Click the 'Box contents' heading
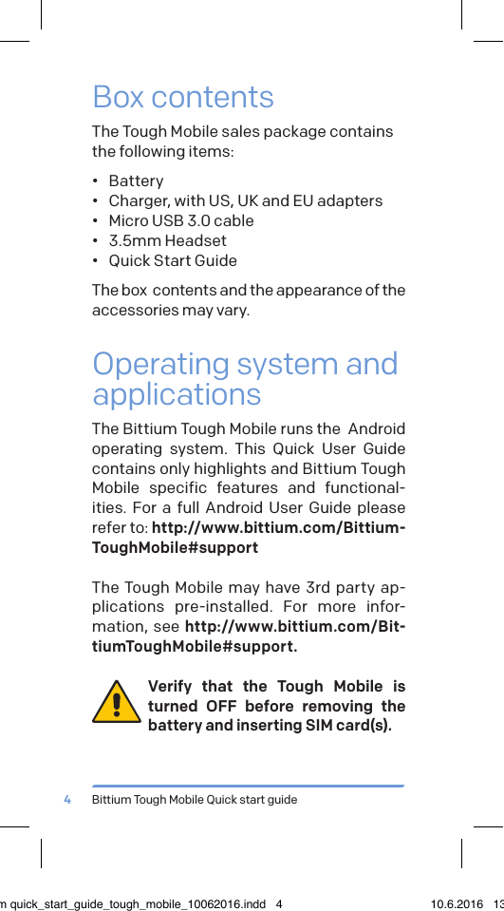click(183, 97)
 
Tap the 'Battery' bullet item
click(136, 180)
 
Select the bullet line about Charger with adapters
click(245, 200)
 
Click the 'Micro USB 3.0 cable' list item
click(181, 220)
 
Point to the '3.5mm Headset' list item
click(167, 240)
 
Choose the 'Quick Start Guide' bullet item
click(173, 260)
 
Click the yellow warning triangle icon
click(117, 704)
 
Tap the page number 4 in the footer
click(67, 800)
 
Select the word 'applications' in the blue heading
click(177, 393)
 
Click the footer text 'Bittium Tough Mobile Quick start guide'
click(195, 800)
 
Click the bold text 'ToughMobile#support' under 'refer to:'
click(175, 547)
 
